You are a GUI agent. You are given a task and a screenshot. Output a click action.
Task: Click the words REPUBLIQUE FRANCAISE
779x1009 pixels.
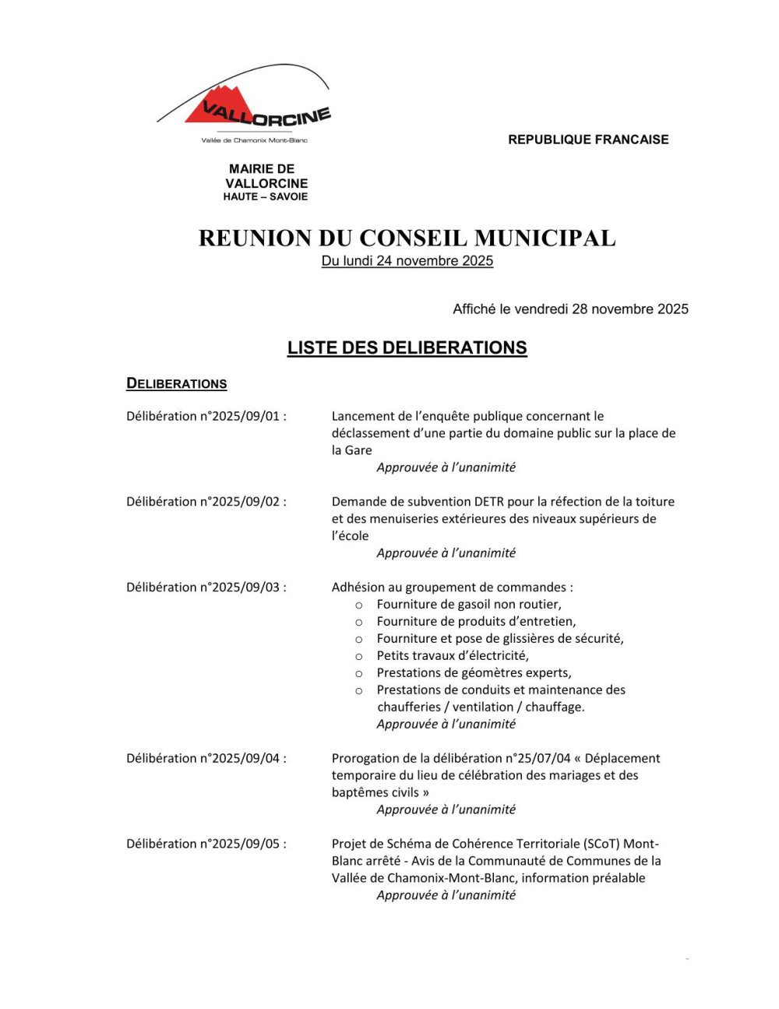588,139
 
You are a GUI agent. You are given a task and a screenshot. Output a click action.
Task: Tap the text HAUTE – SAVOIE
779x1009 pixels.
265,196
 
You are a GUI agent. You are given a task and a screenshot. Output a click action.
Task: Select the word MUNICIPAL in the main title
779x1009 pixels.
545,238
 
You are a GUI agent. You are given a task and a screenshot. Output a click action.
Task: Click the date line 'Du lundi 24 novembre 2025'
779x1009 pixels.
407,261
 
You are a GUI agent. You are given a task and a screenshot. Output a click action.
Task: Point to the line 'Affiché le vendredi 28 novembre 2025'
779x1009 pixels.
570,309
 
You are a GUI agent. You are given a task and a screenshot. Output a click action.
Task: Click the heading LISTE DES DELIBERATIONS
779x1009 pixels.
407,348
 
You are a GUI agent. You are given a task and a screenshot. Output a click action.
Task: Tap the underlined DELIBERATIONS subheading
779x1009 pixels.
177,383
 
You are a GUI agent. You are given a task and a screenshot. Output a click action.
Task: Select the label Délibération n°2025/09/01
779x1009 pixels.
206,416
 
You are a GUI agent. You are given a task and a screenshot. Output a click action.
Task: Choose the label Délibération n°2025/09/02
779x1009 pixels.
206,502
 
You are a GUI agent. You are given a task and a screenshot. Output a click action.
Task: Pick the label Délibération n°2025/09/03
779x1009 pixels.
206,587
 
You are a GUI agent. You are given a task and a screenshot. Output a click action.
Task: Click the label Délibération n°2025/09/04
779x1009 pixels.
206,758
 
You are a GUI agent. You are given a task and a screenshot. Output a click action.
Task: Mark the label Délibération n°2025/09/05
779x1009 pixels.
206,844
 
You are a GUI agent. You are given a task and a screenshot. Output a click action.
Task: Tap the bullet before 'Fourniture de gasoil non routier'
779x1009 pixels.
359,605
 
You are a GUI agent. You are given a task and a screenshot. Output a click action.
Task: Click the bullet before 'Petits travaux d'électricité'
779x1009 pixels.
359,656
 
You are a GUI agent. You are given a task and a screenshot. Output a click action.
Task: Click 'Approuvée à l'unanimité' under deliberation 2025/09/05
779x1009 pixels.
446,895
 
